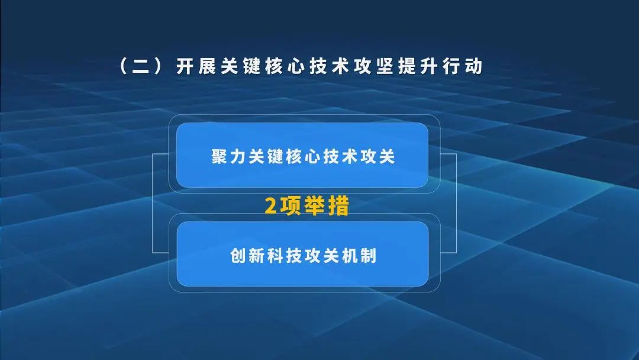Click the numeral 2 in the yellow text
tap(271, 206)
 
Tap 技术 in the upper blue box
tap(341, 157)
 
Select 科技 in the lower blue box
tap(283, 256)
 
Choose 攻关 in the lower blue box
tap(322, 256)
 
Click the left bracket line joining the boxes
tap(153, 204)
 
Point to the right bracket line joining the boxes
tap(456, 204)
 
